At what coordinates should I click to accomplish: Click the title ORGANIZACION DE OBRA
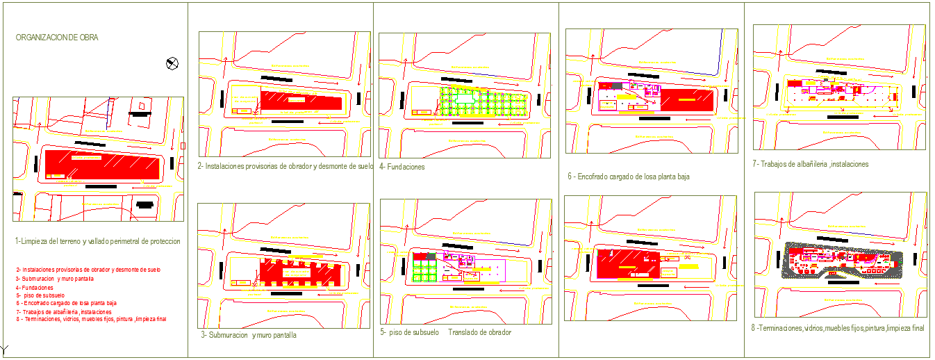pos(57,38)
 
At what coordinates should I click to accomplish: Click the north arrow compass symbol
pos(172,64)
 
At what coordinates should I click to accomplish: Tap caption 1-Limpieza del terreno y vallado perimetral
pos(97,241)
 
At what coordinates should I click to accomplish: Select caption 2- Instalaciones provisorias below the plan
pos(286,167)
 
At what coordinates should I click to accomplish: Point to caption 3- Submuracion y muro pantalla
pos(249,335)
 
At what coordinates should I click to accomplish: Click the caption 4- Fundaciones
pos(402,167)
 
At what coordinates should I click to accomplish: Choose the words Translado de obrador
pos(479,332)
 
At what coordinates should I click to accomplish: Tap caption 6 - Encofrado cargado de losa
pos(629,177)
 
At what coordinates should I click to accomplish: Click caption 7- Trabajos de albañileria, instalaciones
pos(811,164)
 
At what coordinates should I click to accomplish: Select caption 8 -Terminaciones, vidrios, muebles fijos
pos(839,328)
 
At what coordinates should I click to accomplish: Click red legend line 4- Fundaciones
pos(35,287)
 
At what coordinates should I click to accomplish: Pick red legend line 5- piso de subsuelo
pos(41,295)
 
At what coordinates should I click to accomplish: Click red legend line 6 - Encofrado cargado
pos(66,304)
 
